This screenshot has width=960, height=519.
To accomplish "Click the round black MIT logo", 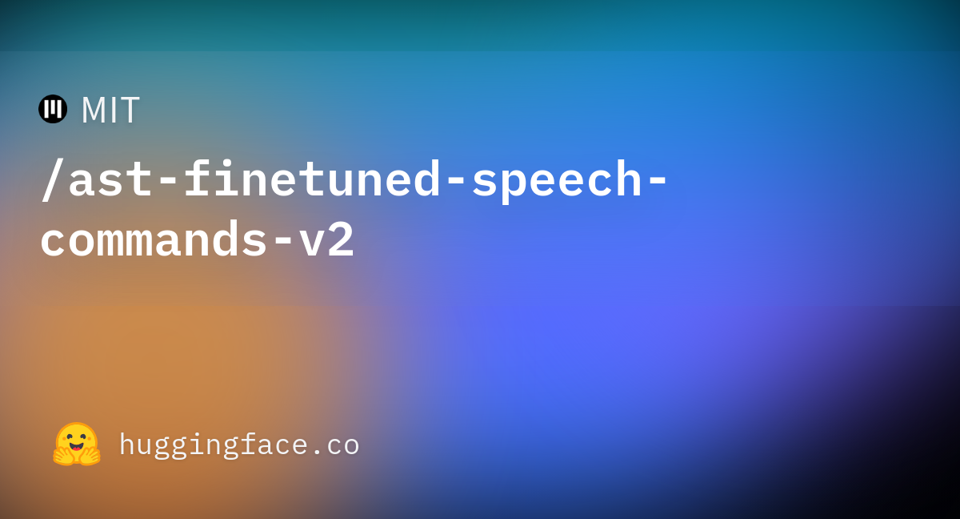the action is (53, 109).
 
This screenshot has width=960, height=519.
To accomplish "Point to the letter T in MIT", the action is (130, 111).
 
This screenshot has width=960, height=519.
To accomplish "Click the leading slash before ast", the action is (52, 179).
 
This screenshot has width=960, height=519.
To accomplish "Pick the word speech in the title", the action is (557, 180).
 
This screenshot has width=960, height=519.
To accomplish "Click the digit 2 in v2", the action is (342, 239).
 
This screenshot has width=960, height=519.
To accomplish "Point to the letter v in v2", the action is (312, 243).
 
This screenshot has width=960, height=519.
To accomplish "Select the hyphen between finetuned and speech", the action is (456, 182).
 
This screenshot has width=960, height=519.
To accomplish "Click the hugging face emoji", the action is (77, 444).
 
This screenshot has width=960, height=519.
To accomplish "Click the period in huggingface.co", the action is (317, 452).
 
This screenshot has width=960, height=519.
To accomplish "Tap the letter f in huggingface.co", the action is (248, 443).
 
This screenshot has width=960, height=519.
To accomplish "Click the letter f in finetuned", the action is (197, 178).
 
